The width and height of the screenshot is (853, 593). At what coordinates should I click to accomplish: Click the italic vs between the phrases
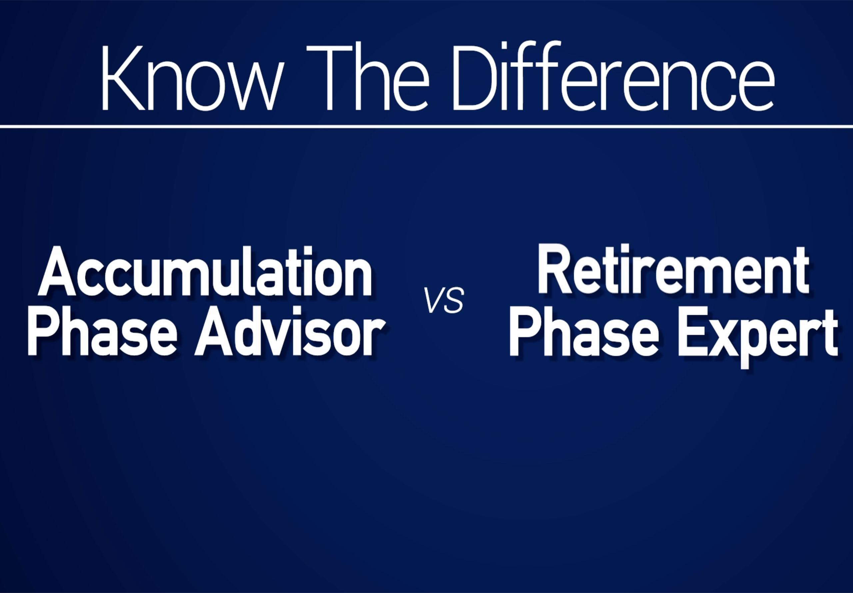click(445, 302)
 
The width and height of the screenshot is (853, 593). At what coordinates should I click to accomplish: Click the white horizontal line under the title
click(426, 127)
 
